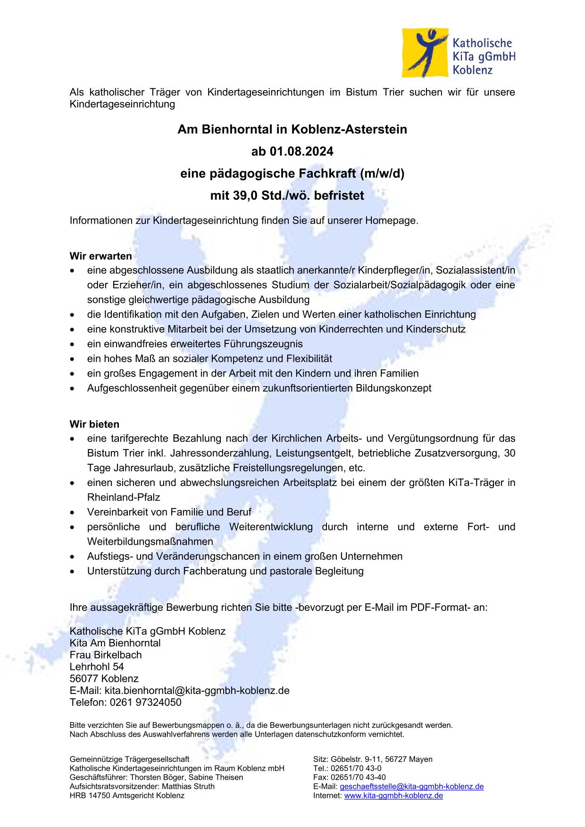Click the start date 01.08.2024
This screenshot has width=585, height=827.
pyautogui.click(x=301, y=151)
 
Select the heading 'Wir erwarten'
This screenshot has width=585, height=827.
pyautogui.click(x=100, y=256)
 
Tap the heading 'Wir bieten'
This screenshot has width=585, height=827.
pyautogui.click(x=94, y=424)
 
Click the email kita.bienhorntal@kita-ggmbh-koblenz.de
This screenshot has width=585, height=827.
pyautogui.click(x=197, y=691)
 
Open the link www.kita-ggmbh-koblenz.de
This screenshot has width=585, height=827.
pyautogui.click(x=393, y=795)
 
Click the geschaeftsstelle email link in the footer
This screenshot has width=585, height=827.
pyautogui.click(x=411, y=786)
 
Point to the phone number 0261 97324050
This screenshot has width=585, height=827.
pyautogui.click(x=145, y=702)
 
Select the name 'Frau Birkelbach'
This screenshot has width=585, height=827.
pyautogui.click(x=105, y=655)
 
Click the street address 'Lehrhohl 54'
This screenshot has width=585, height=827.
pyautogui.click(x=97, y=667)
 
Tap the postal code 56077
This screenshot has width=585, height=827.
pyautogui.click(x=84, y=679)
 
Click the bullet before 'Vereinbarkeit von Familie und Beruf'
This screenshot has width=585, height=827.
pyautogui.click(x=72, y=512)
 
